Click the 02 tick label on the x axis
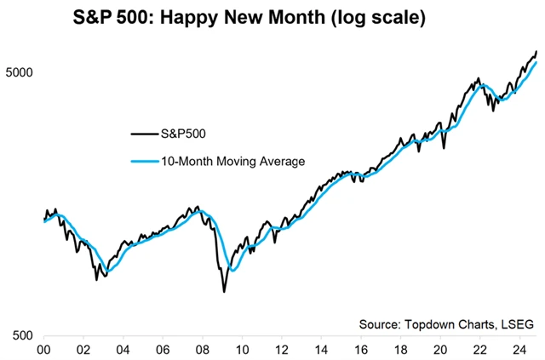83,349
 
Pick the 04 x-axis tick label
123,349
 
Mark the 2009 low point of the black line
224,292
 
